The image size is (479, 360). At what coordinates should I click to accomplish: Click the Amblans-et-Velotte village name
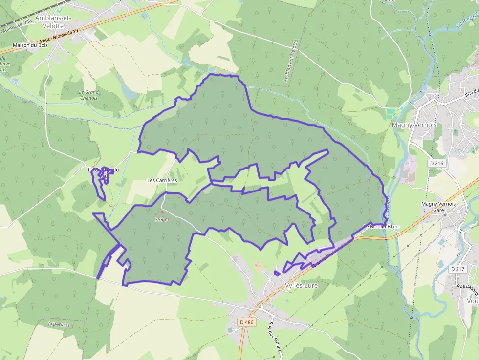click(x=53, y=22)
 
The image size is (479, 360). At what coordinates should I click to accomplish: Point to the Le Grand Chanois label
click(x=89, y=95)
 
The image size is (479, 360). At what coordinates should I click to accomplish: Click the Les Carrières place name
click(x=162, y=180)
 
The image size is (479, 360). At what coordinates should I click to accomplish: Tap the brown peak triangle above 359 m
click(x=162, y=212)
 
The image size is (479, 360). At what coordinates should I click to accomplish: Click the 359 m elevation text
click(x=162, y=219)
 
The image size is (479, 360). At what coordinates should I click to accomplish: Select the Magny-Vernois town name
click(x=414, y=125)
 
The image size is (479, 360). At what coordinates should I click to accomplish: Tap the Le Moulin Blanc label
click(x=381, y=227)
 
